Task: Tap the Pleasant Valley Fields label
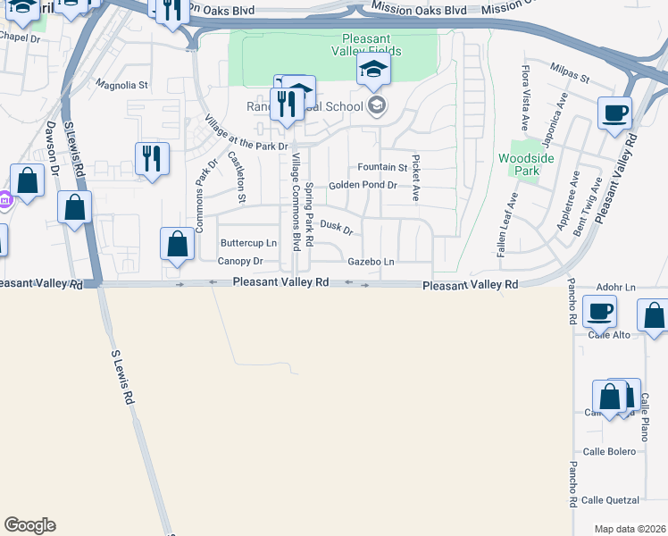(x=372, y=45)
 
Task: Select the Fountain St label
(x=381, y=167)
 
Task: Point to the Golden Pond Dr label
(x=362, y=185)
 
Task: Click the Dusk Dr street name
(x=337, y=228)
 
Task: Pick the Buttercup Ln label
(x=248, y=243)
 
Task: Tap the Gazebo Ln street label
(x=371, y=261)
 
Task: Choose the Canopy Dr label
(x=240, y=261)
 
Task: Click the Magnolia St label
(x=121, y=86)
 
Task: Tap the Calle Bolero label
(x=609, y=452)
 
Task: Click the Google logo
(x=29, y=525)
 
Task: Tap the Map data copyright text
(x=630, y=529)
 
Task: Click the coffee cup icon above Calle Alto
(x=600, y=311)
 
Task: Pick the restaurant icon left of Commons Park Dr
(x=152, y=158)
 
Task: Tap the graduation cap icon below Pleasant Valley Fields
(x=373, y=71)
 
